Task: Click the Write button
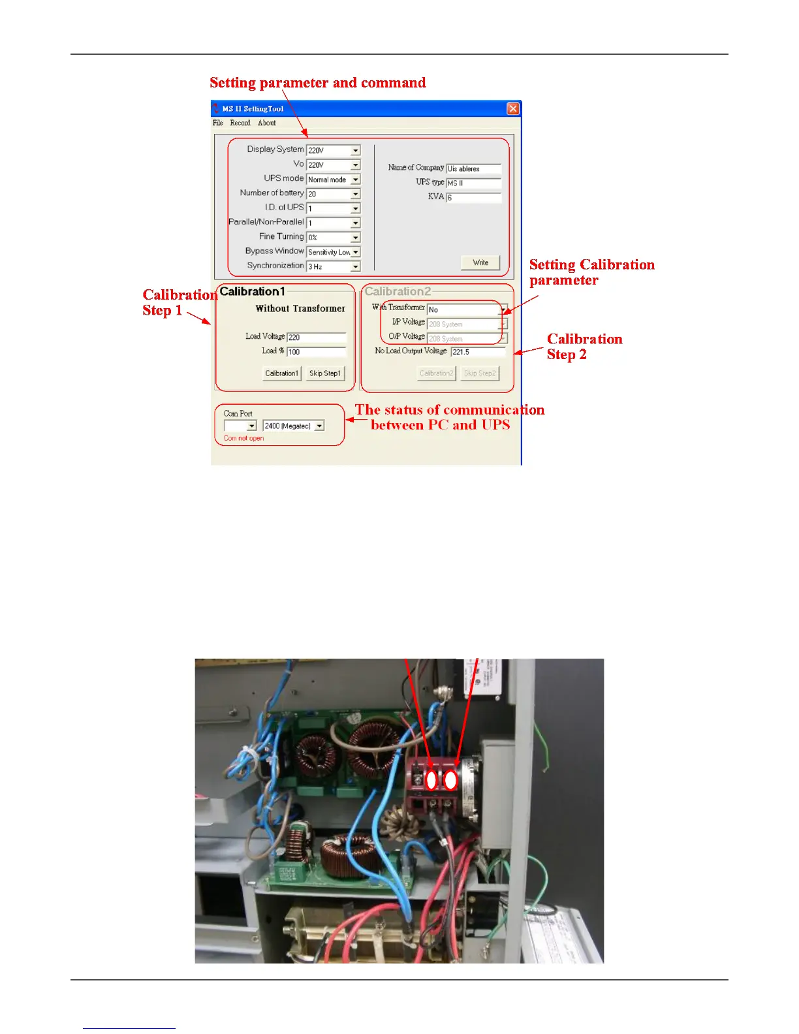[x=480, y=262]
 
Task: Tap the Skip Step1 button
[x=325, y=373]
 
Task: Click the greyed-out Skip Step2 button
[x=480, y=373]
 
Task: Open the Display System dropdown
[x=333, y=150]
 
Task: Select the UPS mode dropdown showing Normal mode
[x=333, y=180]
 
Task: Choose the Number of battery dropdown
[x=333, y=194]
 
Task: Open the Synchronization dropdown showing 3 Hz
[x=333, y=266]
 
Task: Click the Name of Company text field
[x=473, y=168]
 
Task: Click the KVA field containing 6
[x=473, y=197]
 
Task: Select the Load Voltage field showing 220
[x=316, y=337]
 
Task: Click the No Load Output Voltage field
[x=478, y=352]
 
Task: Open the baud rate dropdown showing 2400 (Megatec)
[x=293, y=426]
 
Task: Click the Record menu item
[x=240, y=123]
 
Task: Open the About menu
[x=266, y=123]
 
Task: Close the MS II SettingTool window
[x=513, y=108]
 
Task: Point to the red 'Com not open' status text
[x=243, y=438]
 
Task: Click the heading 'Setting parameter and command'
[x=317, y=83]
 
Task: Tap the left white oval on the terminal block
[x=431, y=780]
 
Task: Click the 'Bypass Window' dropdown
[x=333, y=252]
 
